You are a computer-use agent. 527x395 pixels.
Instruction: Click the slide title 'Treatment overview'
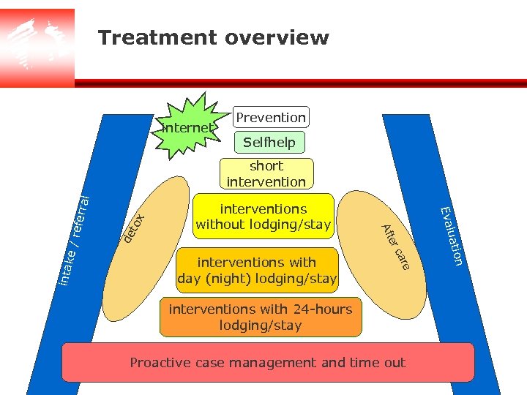(214, 37)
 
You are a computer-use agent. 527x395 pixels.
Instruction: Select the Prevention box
(271, 117)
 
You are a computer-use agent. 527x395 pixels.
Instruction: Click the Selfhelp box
(269, 143)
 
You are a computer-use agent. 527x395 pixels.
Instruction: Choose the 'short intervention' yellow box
(266, 174)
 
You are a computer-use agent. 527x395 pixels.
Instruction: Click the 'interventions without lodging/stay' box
(263, 217)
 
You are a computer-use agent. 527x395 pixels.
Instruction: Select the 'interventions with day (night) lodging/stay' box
(258, 270)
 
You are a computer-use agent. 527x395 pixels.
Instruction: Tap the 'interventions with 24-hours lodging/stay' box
(261, 317)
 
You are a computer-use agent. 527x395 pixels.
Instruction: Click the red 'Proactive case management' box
(268, 363)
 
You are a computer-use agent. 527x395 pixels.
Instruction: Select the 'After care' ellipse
(384, 249)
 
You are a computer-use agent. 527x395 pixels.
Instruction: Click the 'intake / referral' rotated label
(74, 240)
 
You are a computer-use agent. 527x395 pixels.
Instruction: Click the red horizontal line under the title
(300, 83)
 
